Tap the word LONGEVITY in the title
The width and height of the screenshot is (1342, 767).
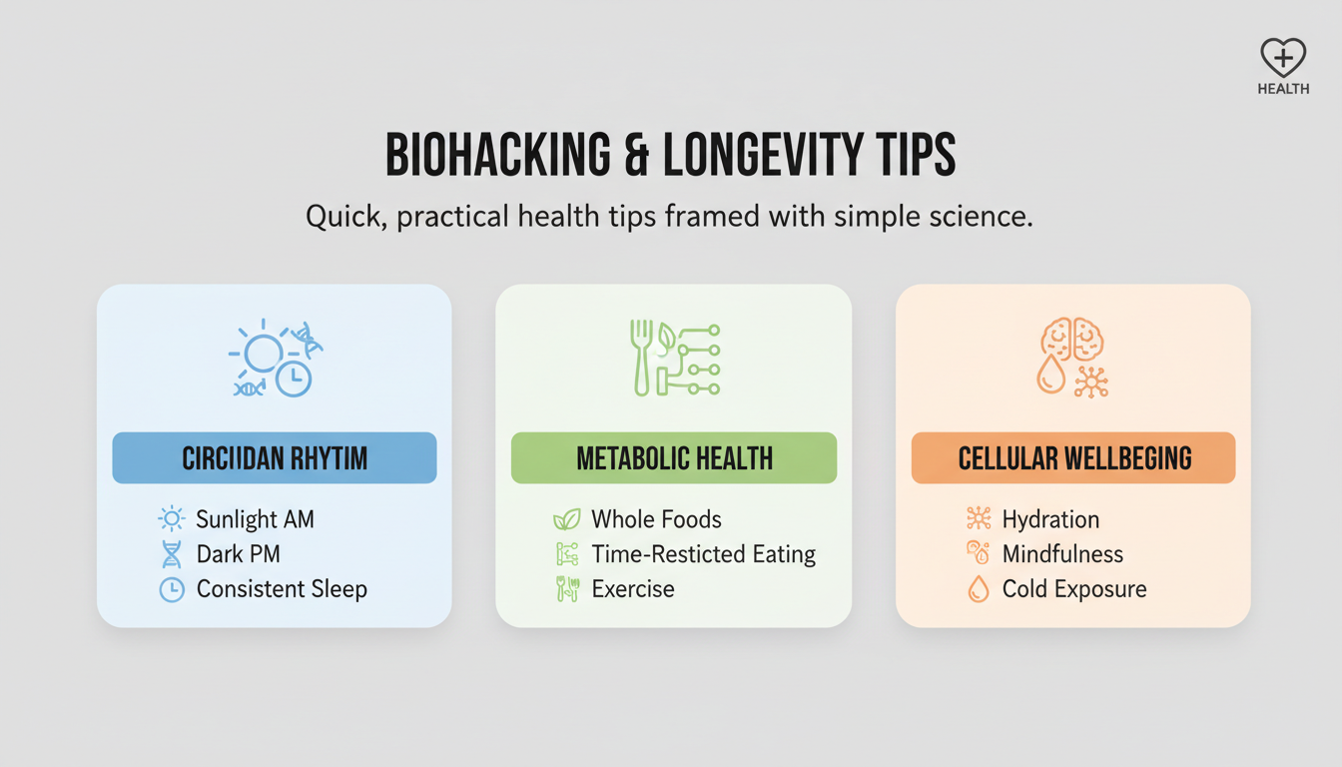click(762, 155)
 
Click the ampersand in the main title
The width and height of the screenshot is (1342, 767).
click(636, 155)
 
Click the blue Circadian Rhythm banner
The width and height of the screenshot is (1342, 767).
click(275, 457)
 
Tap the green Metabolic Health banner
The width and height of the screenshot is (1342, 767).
click(674, 457)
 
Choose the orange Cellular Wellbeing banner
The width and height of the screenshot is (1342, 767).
click(1073, 457)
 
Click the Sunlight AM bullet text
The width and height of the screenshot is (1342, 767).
click(256, 519)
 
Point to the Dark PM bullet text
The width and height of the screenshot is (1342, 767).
click(239, 554)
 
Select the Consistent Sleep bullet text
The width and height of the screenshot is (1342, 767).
click(282, 589)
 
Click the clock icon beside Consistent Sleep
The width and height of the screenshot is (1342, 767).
click(172, 589)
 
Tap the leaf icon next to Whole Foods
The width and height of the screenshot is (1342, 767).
click(567, 519)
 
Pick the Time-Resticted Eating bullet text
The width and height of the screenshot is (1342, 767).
click(703, 554)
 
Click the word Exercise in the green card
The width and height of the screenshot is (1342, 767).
click(633, 589)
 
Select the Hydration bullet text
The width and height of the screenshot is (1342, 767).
click(1050, 519)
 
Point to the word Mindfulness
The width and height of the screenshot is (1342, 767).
click(1062, 554)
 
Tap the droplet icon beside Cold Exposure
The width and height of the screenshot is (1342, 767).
click(979, 589)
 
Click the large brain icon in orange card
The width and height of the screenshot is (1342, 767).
click(1072, 339)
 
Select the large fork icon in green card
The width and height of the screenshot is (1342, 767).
click(642, 358)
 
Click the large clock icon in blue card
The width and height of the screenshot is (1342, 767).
click(294, 379)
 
